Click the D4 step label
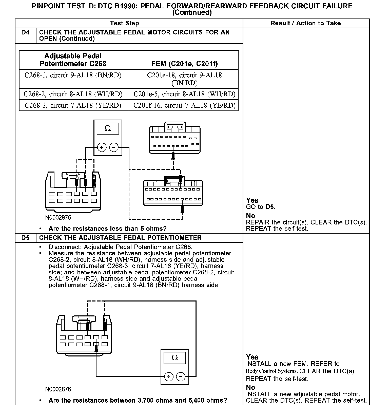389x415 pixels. [x=25, y=32]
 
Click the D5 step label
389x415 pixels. [x=25, y=238]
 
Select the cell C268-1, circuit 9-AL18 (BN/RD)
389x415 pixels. [x=73, y=75]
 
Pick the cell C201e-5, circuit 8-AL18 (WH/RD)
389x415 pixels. [x=184, y=94]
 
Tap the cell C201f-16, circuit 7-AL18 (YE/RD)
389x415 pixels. [x=184, y=105]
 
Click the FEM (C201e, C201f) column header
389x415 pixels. [x=184, y=64]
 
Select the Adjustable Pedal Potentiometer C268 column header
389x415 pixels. [x=73, y=60]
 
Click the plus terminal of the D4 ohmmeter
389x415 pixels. [x=102, y=147]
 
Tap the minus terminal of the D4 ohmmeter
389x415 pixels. [x=114, y=147]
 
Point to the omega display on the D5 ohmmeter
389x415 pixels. [x=174, y=358]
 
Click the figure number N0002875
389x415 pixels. [x=58, y=217]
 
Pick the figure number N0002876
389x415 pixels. [x=58, y=389]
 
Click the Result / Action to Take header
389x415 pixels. [x=306, y=23]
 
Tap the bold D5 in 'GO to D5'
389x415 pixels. [x=270, y=207]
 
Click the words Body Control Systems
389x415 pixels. [x=271, y=371]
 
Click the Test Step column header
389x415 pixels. [x=125, y=23]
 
